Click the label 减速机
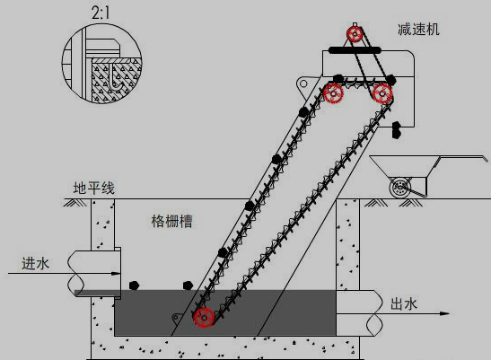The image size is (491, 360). click(418, 30)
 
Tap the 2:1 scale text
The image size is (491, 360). click(101, 13)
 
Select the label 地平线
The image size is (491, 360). click(94, 188)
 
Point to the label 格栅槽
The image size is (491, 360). click(171, 221)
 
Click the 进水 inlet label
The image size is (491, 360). click(35, 264)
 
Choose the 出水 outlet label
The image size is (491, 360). click(404, 304)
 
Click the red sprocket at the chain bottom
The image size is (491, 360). click(204, 318)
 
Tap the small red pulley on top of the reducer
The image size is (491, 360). click(355, 34)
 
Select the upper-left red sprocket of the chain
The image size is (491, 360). click(333, 93)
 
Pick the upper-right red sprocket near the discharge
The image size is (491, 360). click(382, 93)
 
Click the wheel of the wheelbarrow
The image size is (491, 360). click(399, 188)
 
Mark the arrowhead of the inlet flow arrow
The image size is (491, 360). click(116, 274)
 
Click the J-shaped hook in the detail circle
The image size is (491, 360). click(114, 78)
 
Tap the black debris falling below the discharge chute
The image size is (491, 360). click(396, 129)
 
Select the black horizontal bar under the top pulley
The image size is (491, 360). click(355, 49)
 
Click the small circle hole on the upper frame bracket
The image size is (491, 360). click(303, 83)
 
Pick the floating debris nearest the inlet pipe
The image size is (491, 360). click(134, 285)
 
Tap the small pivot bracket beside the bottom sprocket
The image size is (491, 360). click(177, 317)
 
